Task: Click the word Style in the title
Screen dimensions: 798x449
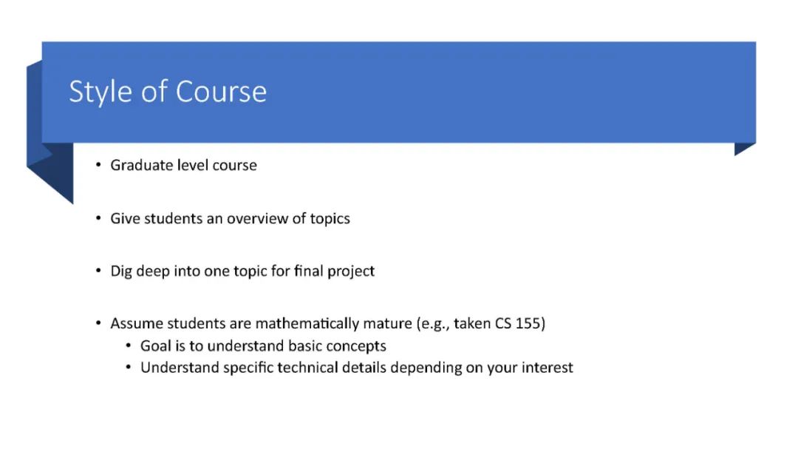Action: [x=100, y=92]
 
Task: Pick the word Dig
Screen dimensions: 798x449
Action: [x=121, y=271]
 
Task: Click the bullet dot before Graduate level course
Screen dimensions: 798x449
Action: [x=98, y=165]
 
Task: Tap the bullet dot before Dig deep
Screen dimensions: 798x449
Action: [x=98, y=271]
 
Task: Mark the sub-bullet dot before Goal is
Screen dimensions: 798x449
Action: [x=129, y=345]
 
